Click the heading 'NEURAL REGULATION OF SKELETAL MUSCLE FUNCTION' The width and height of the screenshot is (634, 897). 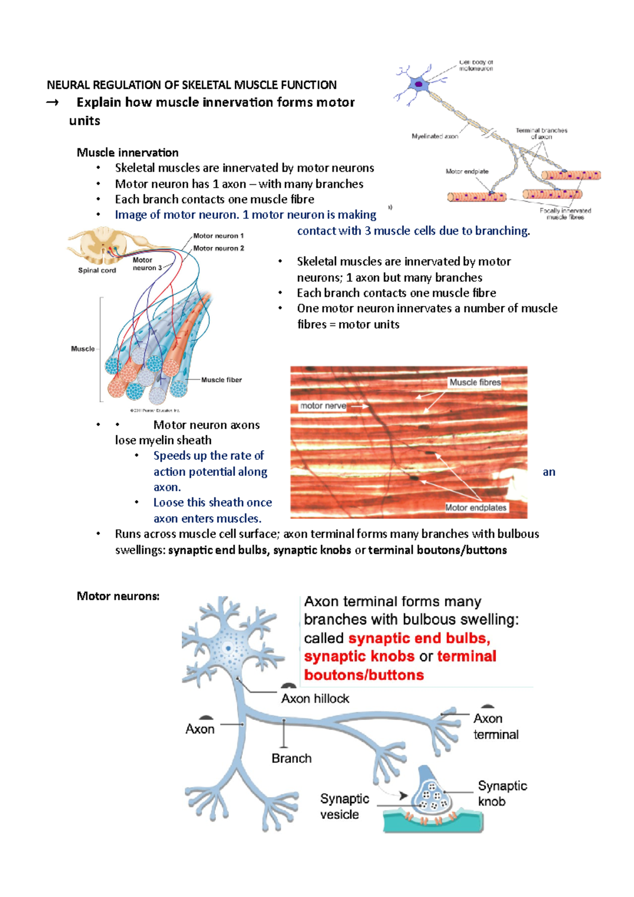191,85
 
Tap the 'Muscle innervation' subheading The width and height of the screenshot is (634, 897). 127,153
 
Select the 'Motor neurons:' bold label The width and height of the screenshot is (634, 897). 118,596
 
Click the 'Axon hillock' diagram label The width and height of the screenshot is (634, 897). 315,698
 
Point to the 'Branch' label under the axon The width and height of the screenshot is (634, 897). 291,758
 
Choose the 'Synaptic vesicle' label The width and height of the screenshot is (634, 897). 344,806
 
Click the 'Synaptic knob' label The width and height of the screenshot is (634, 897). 502,793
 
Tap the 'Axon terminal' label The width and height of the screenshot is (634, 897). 495,726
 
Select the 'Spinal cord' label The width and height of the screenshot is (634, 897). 97,270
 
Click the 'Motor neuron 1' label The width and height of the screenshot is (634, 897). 218,236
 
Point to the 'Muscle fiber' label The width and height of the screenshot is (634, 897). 221,380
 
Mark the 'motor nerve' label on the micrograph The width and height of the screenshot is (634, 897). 323,406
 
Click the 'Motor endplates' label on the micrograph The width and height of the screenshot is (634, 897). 475,508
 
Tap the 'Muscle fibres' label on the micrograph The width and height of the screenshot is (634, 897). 475,382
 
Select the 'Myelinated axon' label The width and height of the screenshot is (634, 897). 434,136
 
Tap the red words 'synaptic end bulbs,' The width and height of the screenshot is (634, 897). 419,638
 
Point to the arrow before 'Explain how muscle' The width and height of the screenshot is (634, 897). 52,102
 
